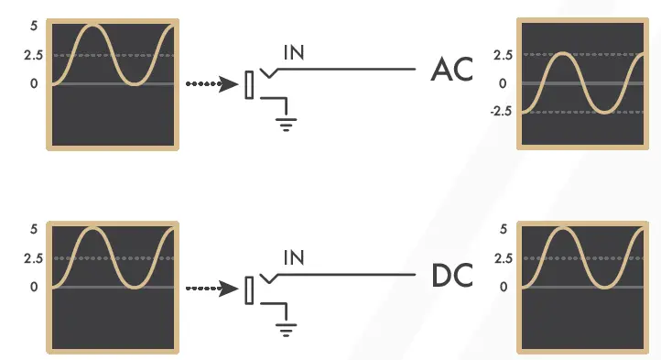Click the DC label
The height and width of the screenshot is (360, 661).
(451, 275)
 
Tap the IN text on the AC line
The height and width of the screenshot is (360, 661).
(294, 52)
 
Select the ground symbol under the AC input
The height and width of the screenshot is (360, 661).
(287, 123)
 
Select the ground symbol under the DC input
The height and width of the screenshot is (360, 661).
(287, 326)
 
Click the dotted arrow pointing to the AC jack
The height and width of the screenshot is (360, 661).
(211, 84)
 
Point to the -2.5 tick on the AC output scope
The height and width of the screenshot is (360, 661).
(499, 112)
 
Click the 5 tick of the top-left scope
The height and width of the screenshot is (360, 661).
(34, 25)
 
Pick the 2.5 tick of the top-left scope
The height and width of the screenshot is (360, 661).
(33, 55)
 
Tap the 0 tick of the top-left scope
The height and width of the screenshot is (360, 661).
(34, 83)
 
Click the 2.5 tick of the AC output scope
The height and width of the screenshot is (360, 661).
(502, 55)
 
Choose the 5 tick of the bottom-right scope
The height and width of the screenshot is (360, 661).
(503, 229)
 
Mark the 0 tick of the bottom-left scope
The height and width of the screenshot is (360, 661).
(34, 287)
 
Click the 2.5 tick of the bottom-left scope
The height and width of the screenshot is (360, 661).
(33, 258)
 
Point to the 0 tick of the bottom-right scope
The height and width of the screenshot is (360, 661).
(503, 287)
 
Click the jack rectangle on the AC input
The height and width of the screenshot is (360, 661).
(249, 85)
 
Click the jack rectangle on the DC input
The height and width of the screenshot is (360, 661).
(249, 289)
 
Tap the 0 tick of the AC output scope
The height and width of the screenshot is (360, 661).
(503, 83)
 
